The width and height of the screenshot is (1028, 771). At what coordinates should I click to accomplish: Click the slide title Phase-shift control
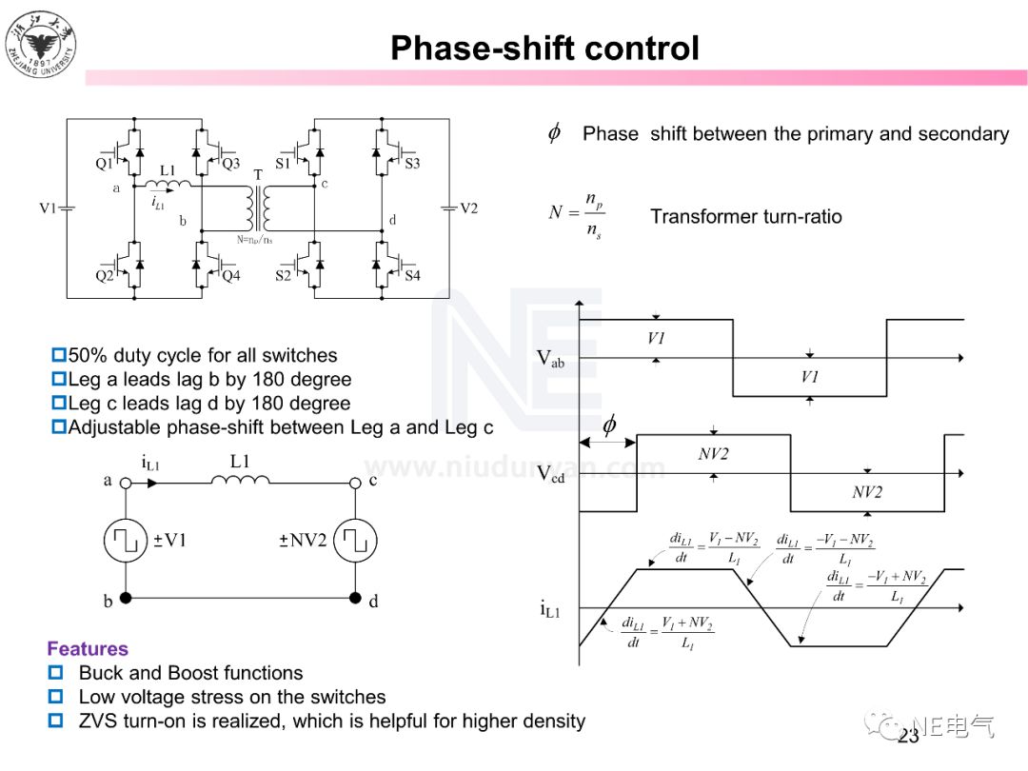(x=544, y=48)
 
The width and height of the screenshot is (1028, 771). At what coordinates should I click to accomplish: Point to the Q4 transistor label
(x=231, y=276)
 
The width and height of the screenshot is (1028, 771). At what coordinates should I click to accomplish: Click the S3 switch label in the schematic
(x=412, y=164)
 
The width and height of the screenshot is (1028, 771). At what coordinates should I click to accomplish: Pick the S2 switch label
(x=283, y=276)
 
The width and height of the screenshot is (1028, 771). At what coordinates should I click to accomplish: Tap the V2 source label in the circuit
(x=468, y=208)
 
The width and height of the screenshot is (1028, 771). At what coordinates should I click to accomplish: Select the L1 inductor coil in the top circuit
(x=168, y=184)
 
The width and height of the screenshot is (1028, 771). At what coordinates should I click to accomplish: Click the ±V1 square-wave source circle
(x=126, y=541)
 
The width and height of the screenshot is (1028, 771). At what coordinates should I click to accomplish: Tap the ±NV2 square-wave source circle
(x=355, y=541)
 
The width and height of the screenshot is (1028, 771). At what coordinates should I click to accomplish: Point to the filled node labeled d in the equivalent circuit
(x=355, y=599)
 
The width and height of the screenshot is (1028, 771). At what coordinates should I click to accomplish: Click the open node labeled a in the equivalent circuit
(x=126, y=483)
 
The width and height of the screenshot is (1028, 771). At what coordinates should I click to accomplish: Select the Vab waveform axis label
(x=550, y=359)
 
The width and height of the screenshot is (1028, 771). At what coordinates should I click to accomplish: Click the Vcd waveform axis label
(x=550, y=474)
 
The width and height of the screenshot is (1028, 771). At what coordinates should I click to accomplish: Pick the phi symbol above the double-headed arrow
(x=609, y=425)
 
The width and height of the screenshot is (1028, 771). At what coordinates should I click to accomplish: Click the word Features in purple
(x=88, y=649)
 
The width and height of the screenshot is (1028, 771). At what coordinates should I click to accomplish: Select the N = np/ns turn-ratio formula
(x=576, y=214)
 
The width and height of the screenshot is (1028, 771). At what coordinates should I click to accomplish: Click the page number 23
(x=908, y=736)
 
